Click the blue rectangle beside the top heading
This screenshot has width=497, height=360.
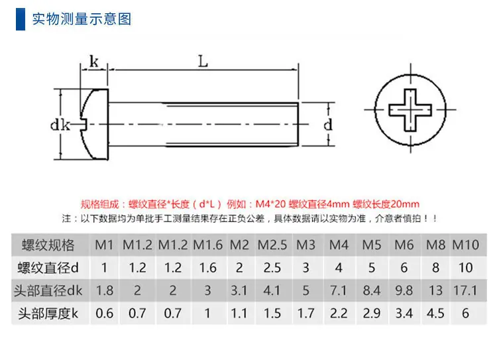(x=21, y=19)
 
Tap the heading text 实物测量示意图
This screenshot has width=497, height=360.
(x=82, y=19)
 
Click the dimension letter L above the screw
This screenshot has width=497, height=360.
(x=203, y=61)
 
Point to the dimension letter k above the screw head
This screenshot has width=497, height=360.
(x=94, y=61)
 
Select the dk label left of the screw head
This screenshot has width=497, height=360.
(x=60, y=125)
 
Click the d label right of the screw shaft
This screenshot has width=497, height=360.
(x=328, y=125)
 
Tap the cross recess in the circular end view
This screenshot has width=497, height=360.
(x=410, y=110)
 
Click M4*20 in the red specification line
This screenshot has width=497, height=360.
(x=270, y=204)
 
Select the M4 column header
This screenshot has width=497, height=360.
(x=339, y=245)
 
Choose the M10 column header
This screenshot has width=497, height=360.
(x=465, y=245)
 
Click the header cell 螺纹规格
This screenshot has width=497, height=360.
(x=48, y=245)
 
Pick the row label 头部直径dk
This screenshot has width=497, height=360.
(x=48, y=290)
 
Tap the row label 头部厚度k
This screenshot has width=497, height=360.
(x=48, y=314)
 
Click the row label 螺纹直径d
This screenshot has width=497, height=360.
(x=48, y=268)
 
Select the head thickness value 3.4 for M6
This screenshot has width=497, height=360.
(x=404, y=314)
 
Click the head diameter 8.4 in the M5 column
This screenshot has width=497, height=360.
(x=372, y=290)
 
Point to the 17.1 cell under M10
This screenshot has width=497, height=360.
(x=465, y=290)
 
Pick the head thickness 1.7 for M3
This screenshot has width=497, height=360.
(x=305, y=314)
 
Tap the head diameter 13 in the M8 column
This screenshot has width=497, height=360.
(x=435, y=290)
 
